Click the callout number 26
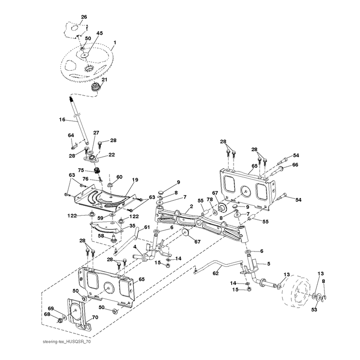[84, 17]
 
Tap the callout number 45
[99, 33]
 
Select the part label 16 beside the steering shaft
[62, 120]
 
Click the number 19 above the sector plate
[135, 180]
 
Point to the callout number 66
[295, 165]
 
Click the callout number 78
[210, 199]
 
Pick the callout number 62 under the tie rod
[216, 273]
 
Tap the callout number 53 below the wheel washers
[314, 310]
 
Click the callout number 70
[95, 317]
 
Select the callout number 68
[47, 314]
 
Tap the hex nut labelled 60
[110, 184]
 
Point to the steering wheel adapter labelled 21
[96, 87]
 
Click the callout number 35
[132, 226]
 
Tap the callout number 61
[147, 227]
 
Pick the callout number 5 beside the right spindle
[269, 264]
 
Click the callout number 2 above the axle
[192, 207]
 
